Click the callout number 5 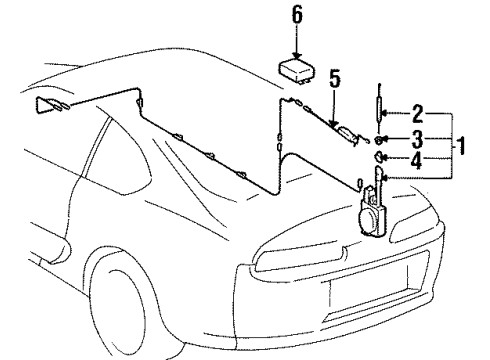click(x=334, y=80)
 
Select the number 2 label click(x=418, y=113)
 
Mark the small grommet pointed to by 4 click(x=381, y=157)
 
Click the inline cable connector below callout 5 click(x=344, y=135)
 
